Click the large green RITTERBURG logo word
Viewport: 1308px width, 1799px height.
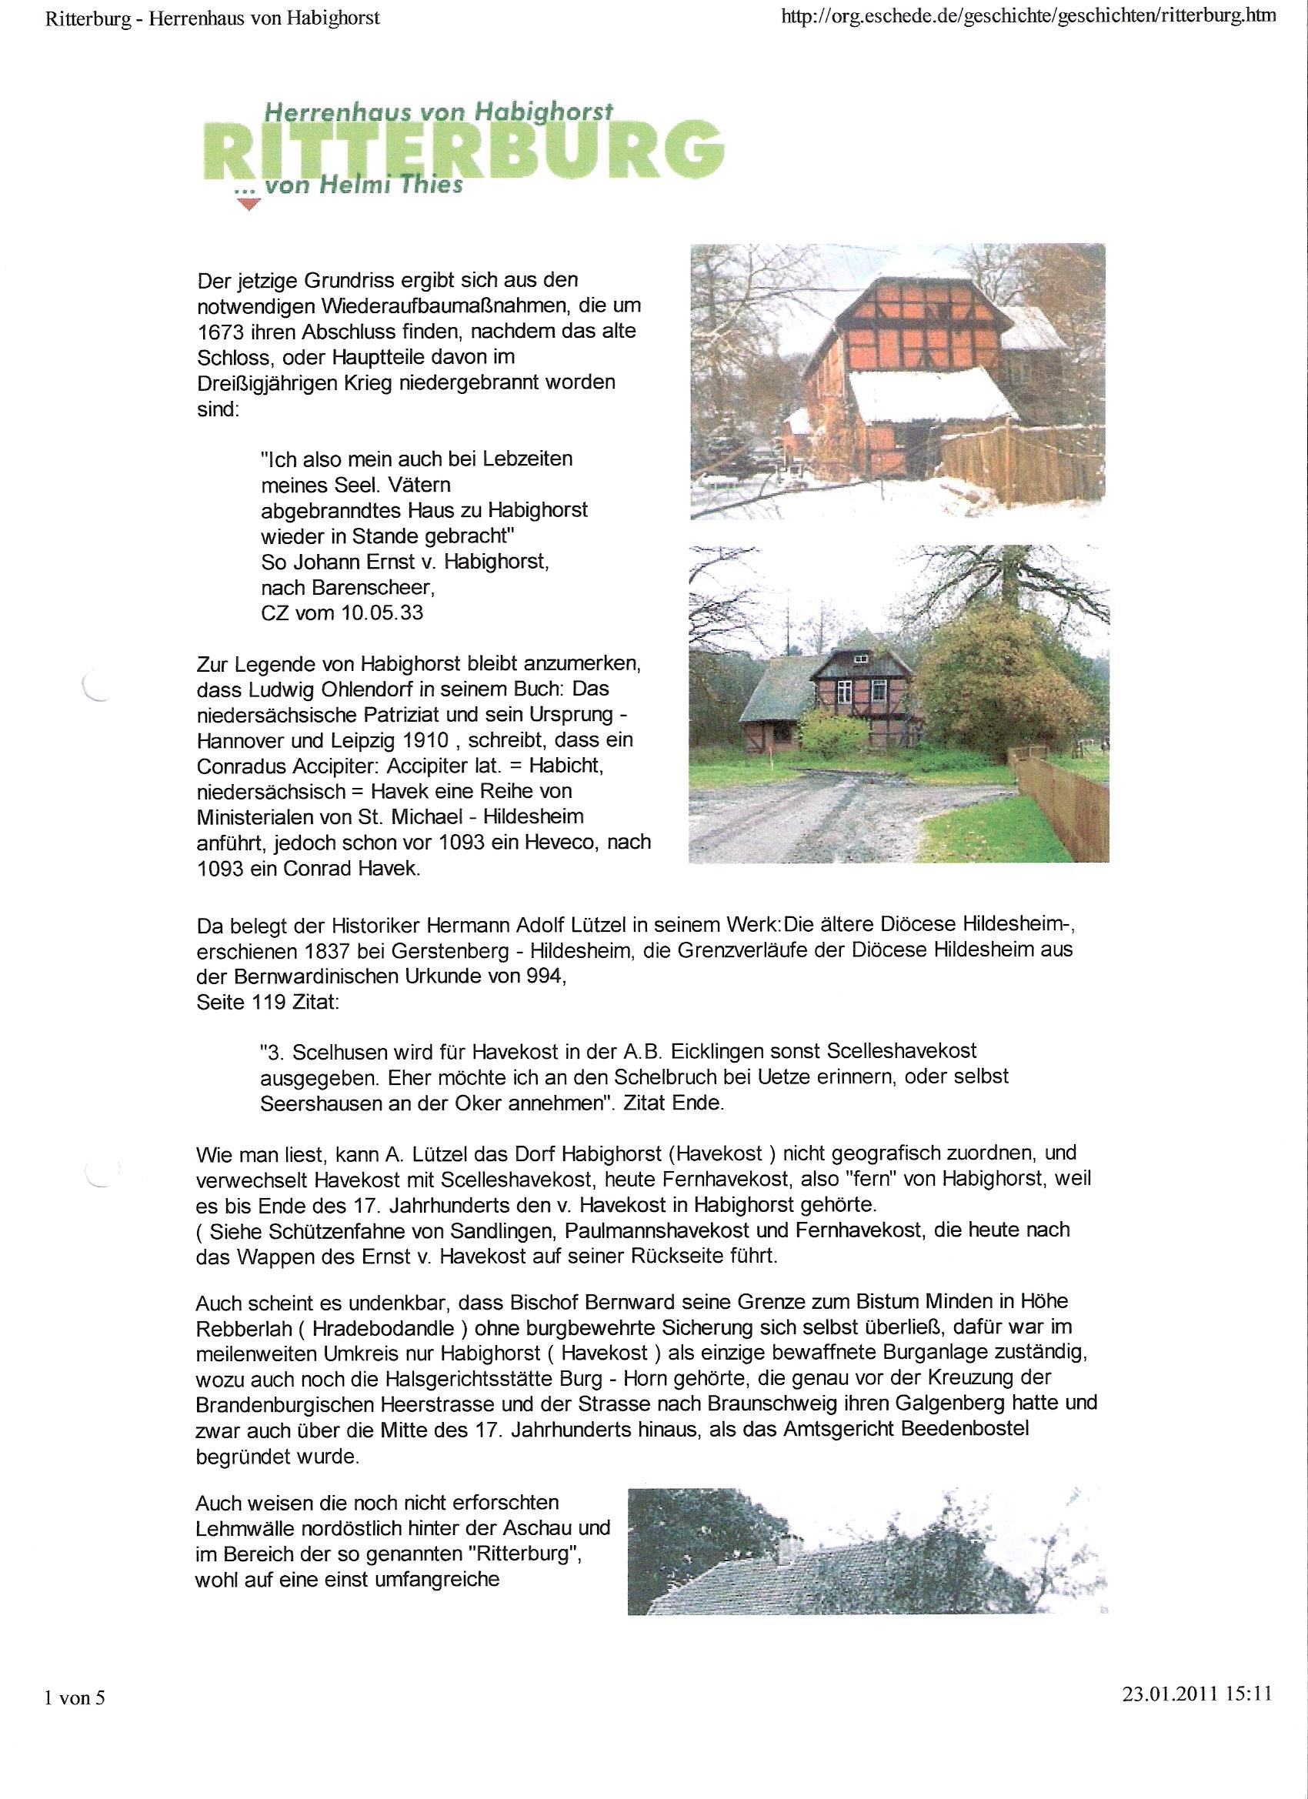coord(464,151)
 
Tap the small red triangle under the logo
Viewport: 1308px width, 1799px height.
coord(250,205)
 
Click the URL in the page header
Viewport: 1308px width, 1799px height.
coord(1028,17)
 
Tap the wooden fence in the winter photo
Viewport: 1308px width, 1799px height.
coord(1023,460)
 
